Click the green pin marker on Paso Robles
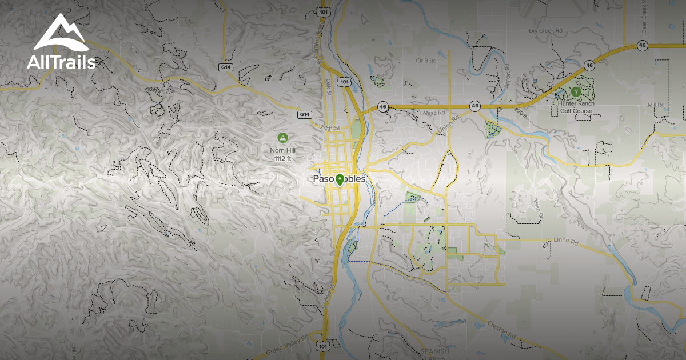pos(340,180)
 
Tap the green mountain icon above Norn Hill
pos(282,138)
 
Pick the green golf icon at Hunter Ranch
pos(575,91)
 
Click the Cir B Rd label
pos(426,60)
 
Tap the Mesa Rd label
pos(434,113)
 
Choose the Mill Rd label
pos(657,105)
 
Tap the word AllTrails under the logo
pos(61,63)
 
